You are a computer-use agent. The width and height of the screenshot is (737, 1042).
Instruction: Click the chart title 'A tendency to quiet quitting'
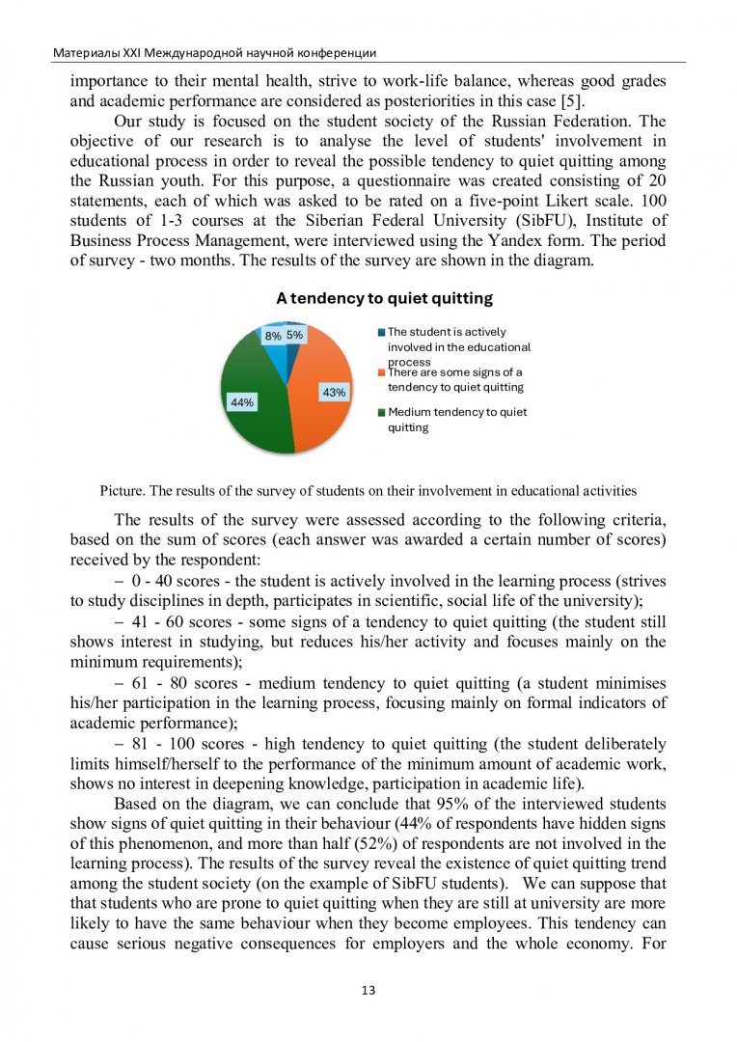tap(384, 298)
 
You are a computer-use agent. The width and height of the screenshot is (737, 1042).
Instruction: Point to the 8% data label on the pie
tap(273, 336)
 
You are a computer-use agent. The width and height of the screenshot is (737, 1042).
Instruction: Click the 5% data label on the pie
tap(294, 335)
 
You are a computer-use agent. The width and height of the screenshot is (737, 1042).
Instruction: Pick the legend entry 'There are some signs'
tap(455, 379)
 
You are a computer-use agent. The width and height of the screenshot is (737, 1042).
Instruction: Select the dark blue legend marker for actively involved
tap(382, 333)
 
